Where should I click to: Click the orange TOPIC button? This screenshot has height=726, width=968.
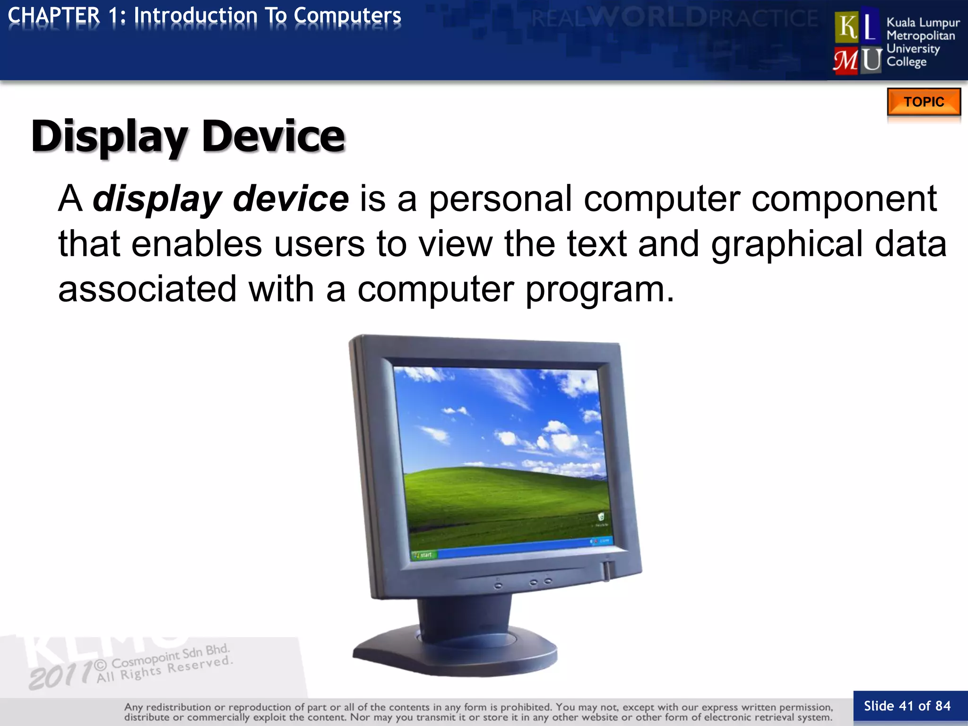(x=924, y=102)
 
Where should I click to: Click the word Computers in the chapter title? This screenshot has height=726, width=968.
(x=347, y=16)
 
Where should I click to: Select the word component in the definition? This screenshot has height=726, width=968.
(x=844, y=199)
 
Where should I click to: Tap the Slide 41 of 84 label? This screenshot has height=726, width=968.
(x=907, y=706)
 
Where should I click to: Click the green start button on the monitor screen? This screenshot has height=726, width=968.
(x=423, y=555)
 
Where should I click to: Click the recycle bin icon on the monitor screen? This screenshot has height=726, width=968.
(x=601, y=517)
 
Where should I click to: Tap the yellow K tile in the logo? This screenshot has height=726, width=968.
(x=847, y=26)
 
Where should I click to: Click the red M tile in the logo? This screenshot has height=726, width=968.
(x=846, y=60)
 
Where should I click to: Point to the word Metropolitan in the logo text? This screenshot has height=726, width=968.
(x=920, y=36)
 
